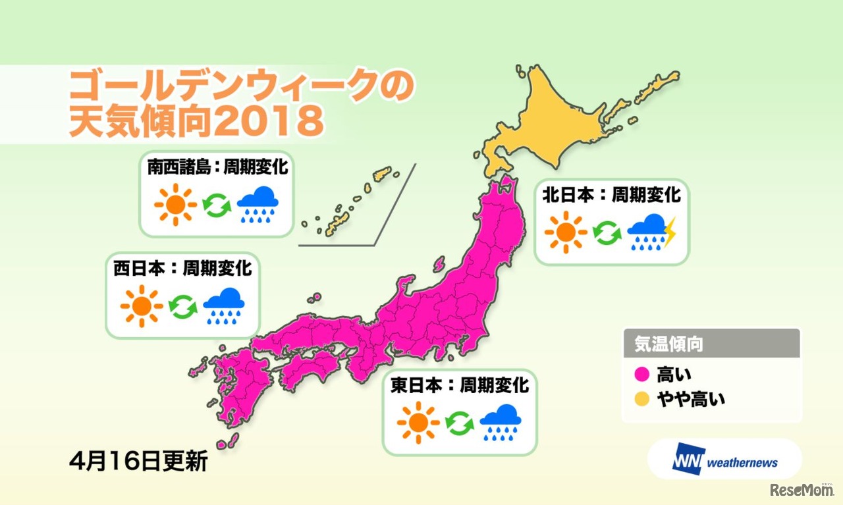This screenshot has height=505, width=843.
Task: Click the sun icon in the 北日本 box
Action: [566, 232]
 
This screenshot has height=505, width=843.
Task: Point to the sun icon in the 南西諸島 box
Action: [175, 205]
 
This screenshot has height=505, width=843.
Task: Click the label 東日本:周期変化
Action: [459, 385]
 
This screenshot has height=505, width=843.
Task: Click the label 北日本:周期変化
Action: [611, 196]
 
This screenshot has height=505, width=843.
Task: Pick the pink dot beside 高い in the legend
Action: [644, 375]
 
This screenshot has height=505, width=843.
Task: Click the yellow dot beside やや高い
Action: [644, 398]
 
